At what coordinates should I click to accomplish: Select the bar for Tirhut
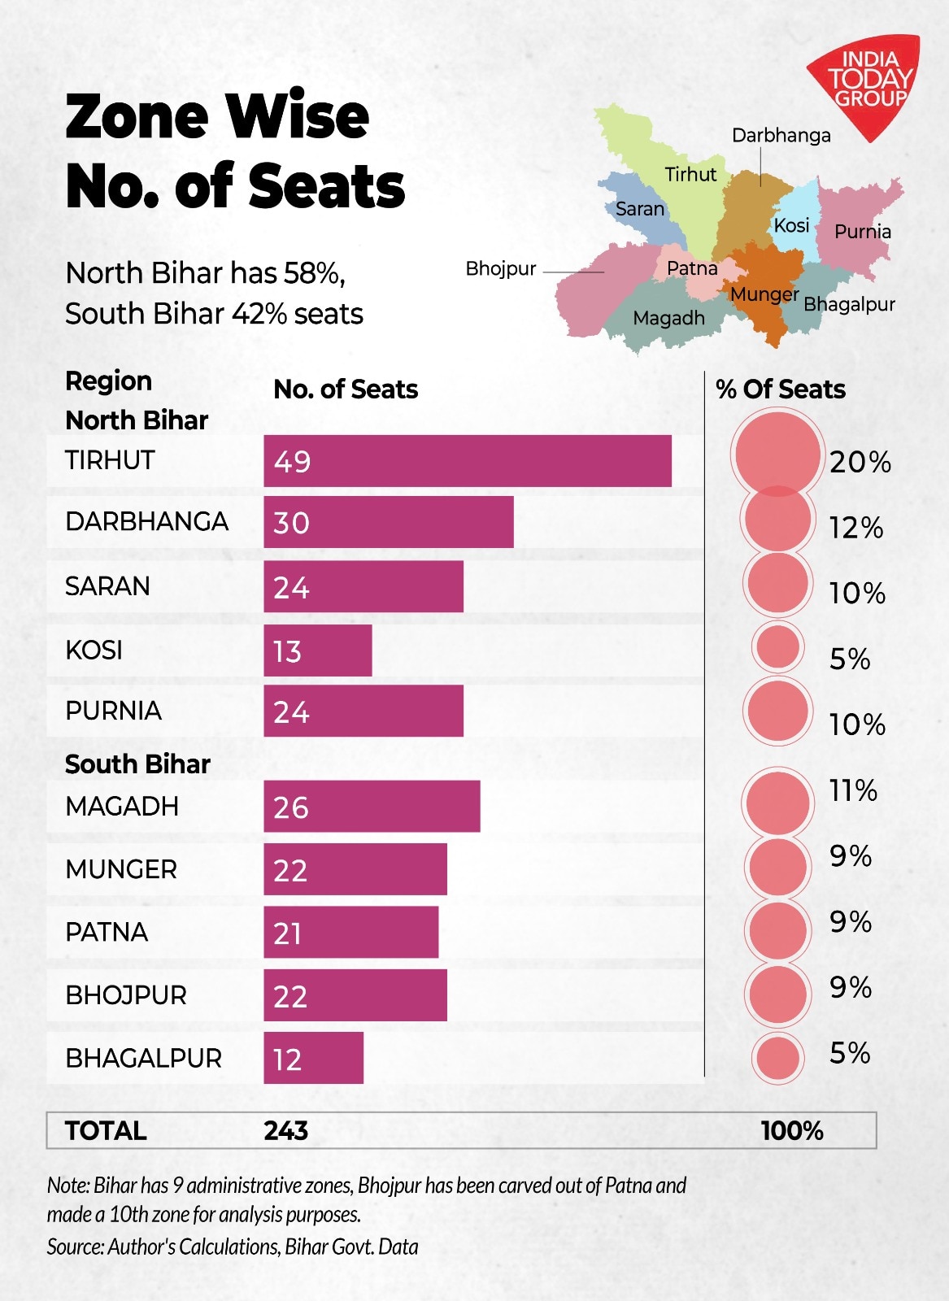pos(468,461)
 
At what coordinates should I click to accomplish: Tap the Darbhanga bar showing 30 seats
pos(389,522)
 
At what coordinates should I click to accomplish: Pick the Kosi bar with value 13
pos(318,650)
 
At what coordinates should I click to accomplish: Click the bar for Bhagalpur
pos(314,1058)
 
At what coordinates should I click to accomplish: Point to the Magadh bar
pos(372,807)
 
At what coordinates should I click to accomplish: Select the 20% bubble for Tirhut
pos(777,454)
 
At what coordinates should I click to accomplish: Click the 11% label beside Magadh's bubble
pos(853,790)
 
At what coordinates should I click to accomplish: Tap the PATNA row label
pos(107,932)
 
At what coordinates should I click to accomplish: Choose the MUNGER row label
pos(121,869)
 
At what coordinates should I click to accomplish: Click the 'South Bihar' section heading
pos(137,764)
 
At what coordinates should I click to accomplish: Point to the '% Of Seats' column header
pos(781,389)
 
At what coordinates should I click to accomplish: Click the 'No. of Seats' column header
pos(346,389)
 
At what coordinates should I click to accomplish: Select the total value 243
pos(285,1130)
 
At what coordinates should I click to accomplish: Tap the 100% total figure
pos(792,1130)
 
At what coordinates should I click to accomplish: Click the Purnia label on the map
pos(862,232)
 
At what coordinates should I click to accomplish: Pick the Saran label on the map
pos(640,209)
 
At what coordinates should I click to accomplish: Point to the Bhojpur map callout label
pos(501,269)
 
